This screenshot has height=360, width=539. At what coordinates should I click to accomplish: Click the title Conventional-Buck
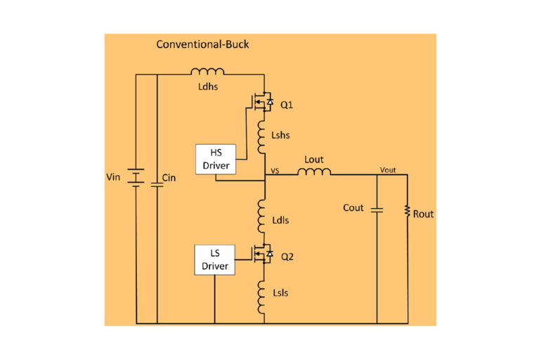(x=202, y=45)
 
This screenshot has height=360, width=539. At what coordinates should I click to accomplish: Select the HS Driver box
(x=216, y=159)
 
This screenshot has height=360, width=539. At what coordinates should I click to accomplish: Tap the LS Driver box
(x=214, y=260)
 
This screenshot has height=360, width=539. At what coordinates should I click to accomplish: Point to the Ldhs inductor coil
(x=207, y=71)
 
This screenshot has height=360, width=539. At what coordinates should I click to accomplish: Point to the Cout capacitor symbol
(x=377, y=209)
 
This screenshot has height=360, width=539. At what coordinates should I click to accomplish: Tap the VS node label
(x=275, y=170)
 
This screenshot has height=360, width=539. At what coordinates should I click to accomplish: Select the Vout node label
(x=387, y=170)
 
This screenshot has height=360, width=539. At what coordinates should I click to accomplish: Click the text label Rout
(x=424, y=214)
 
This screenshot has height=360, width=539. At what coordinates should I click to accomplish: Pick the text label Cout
(x=353, y=208)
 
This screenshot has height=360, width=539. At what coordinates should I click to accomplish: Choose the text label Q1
(x=287, y=105)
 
